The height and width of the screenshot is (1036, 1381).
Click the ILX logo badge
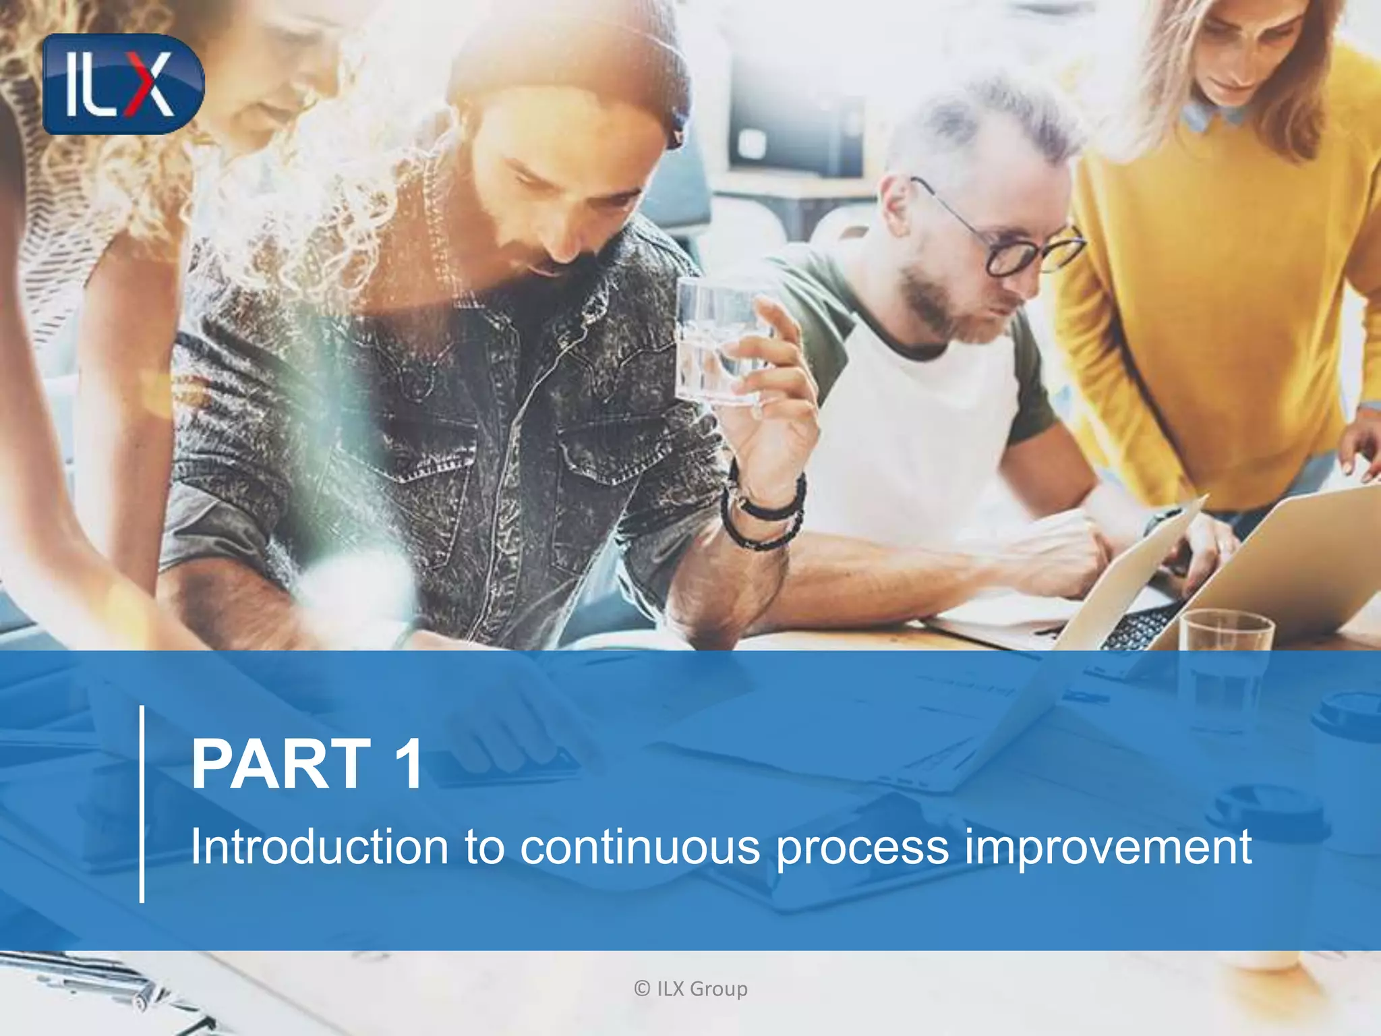[x=123, y=84]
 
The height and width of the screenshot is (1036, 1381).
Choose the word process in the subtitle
[x=862, y=848]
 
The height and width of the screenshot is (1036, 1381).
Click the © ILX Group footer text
[x=690, y=989]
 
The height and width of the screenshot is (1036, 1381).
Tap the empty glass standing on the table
[x=1225, y=668]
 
